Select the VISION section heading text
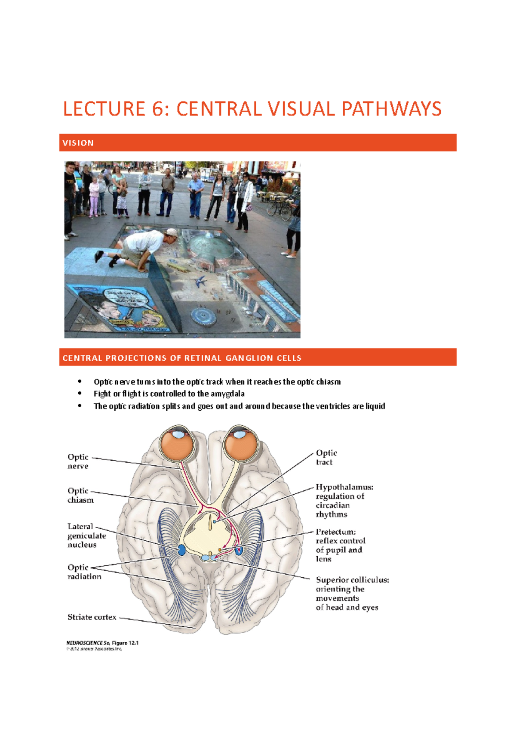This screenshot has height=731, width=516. (x=78, y=143)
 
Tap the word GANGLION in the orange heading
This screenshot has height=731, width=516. (x=250, y=358)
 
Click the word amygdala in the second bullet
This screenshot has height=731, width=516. (x=227, y=394)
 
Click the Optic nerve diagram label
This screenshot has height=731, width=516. (x=78, y=462)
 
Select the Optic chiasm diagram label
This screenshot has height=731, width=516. (x=80, y=496)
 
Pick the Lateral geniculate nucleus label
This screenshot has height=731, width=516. (x=86, y=536)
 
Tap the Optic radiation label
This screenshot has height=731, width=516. (x=84, y=572)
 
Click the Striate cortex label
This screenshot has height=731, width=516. (x=92, y=617)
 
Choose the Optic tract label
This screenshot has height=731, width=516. (x=326, y=458)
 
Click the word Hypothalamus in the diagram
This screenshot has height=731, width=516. (x=344, y=487)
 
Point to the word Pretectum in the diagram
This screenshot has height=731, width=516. (x=335, y=532)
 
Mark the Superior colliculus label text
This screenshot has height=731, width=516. (x=352, y=580)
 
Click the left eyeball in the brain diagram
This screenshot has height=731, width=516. (x=177, y=446)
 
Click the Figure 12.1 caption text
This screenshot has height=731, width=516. (x=125, y=643)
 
